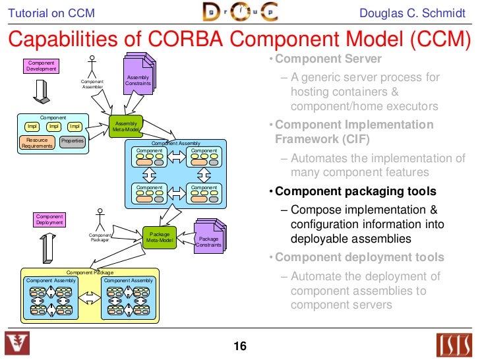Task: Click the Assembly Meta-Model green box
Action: click(x=125, y=127)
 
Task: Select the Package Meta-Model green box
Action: click(x=160, y=237)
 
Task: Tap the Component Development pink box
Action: click(x=41, y=66)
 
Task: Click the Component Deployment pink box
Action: click(x=49, y=220)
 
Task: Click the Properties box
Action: click(x=72, y=142)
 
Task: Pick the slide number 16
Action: click(x=239, y=346)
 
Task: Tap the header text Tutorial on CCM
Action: click(x=51, y=13)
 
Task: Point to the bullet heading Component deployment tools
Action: click(x=359, y=257)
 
